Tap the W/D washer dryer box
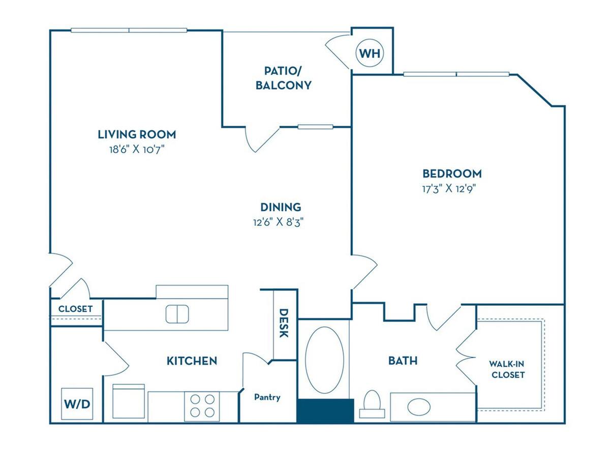click(x=77, y=404)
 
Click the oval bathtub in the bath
click(x=325, y=360)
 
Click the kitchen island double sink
click(x=177, y=313)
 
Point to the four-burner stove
click(x=202, y=406)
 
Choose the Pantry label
click(x=267, y=397)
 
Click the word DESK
click(x=284, y=324)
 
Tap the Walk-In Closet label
click(x=507, y=369)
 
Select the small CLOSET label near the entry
click(x=75, y=309)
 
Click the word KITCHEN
click(x=192, y=361)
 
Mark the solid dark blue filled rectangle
click(x=325, y=411)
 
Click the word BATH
click(x=403, y=361)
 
